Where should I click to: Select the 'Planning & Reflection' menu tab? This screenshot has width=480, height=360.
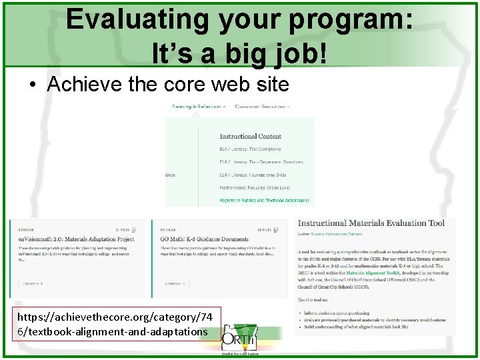tap(197, 106)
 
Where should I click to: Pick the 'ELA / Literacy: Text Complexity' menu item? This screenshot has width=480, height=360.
tap(252, 149)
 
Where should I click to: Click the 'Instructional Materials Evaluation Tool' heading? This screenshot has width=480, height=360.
tap(371, 223)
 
